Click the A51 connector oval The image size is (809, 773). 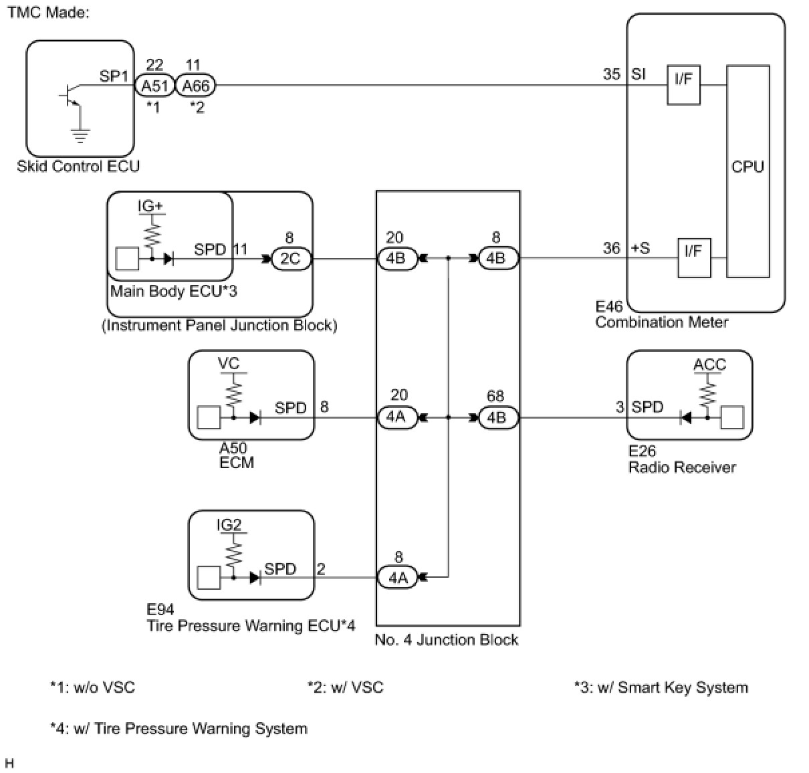(x=154, y=86)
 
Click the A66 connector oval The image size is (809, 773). (x=196, y=86)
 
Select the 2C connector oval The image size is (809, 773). (x=290, y=259)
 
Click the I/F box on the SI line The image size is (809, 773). (x=683, y=85)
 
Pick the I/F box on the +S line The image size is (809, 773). (x=694, y=257)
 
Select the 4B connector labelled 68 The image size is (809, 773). (x=497, y=417)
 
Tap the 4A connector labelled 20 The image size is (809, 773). (x=396, y=417)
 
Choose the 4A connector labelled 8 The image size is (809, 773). (x=398, y=577)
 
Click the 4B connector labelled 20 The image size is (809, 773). (x=396, y=259)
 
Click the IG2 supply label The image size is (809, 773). (x=229, y=525)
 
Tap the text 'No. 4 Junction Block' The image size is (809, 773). (x=446, y=640)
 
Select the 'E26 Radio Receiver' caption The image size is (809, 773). (x=681, y=459)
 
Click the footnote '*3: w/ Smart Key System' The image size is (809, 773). (x=661, y=687)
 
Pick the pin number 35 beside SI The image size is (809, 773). (x=612, y=74)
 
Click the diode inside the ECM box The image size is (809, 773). (x=255, y=418)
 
